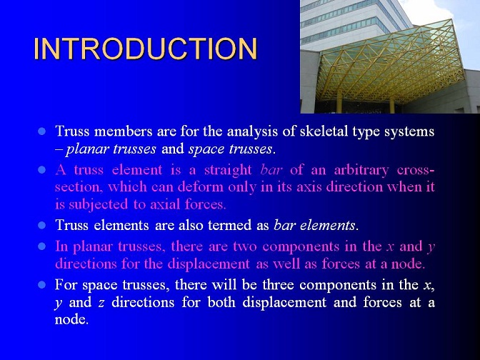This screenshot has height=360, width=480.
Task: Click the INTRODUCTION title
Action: pyautogui.click(x=146, y=49)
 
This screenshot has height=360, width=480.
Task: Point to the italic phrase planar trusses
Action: pyautogui.click(x=111, y=149)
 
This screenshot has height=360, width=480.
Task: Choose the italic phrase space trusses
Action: pyautogui.click(x=230, y=149)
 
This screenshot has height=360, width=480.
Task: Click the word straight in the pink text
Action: pyautogui.click(x=228, y=170)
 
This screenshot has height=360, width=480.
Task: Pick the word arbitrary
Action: pyautogui.click(x=361, y=170)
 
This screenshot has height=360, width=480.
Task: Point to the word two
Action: pyautogui.click(x=244, y=246)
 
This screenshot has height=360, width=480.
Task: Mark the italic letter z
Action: pyautogui.click(x=101, y=303)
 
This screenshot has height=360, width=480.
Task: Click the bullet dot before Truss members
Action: pyautogui.click(x=41, y=131)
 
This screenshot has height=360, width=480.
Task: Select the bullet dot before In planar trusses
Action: pyautogui.click(x=41, y=246)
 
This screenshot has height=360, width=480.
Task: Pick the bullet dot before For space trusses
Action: pyautogui.click(x=41, y=285)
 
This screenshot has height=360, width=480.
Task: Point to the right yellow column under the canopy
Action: pyautogui.click(x=392, y=105)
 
